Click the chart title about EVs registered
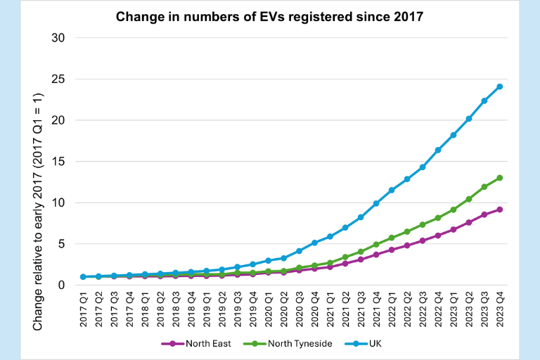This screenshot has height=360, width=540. pos(269,15)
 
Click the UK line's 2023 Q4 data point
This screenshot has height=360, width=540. pos(500,86)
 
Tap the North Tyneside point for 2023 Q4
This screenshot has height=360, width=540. pos(500,178)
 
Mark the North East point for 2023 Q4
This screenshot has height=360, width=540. pos(500,210)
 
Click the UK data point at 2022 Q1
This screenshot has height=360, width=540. pos(392,190)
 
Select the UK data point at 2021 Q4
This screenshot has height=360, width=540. pos(376,203)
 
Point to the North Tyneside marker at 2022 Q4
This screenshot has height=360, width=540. pos(438,218)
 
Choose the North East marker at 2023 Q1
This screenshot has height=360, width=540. pos(454,230)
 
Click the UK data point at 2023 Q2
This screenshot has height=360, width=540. pos(469,119)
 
